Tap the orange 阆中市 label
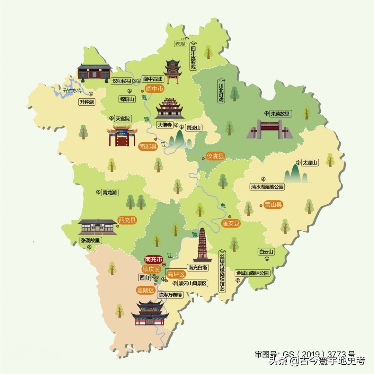coord(154,89)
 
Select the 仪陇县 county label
coord(215,156)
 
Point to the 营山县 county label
coord(273,205)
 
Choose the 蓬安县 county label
coord(231,223)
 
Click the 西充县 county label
coord(127,220)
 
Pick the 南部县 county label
coord(148,146)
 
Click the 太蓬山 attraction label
coord(310,162)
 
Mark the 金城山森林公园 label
coord(252,273)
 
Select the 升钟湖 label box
coord(87,102)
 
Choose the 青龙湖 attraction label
coord(109,193)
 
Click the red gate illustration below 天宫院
coord(122,136)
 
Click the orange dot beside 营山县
coord(260,205)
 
